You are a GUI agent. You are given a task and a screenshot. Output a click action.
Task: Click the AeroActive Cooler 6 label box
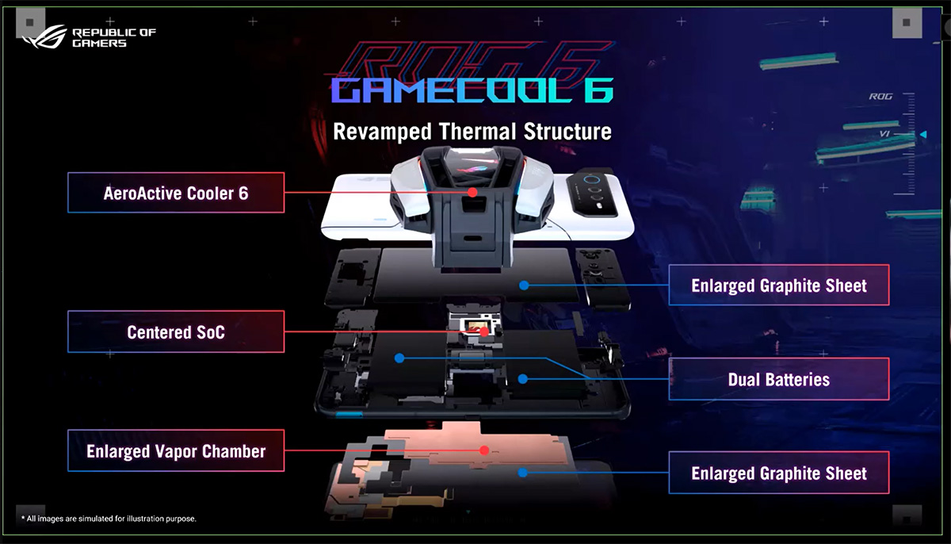175,193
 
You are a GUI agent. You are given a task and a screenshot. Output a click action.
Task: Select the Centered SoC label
175,331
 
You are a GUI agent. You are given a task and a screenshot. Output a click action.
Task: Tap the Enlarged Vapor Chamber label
175,451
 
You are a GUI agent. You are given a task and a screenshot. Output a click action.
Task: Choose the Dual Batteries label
778,379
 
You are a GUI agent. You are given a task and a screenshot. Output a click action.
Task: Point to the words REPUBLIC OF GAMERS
113,37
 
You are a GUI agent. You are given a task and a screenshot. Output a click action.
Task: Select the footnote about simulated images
105,519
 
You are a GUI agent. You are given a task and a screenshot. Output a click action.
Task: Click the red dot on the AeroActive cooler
472,193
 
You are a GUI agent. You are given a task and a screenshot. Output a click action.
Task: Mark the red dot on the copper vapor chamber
483,450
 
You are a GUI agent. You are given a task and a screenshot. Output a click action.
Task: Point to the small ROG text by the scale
880,97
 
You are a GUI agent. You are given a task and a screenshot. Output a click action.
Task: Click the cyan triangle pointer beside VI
922,135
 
